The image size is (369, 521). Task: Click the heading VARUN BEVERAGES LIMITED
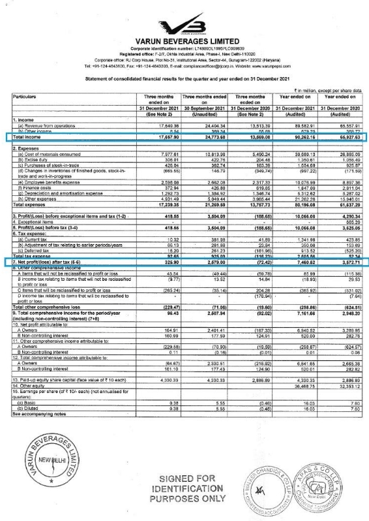(x=184, y=41)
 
